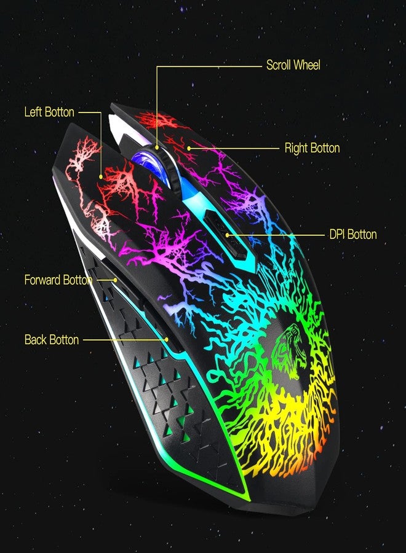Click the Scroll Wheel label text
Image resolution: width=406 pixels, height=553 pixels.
click(x=293, y=65)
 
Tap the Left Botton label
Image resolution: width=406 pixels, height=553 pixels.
click(x=49, y=112)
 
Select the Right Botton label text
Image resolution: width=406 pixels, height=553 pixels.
click(x=312, y=148)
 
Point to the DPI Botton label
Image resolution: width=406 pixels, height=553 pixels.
click(x=352, y=234)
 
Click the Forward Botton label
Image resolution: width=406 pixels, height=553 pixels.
click(x=58, y=280)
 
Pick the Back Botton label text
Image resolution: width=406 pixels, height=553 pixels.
click(x=52, y=340)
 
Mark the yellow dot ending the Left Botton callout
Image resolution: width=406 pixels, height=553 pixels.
click(x=101, y=176)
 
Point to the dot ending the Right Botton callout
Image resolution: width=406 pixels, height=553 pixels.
click(x=189, y=149)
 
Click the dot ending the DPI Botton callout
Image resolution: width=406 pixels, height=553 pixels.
click(x=228, y=235)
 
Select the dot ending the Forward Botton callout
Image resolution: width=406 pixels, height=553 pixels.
click(x=116, y=280)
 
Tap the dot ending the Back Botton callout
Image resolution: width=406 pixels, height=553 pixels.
click(x=166, y=340)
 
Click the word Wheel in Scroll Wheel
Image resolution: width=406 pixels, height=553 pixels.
click(x=307, y=65)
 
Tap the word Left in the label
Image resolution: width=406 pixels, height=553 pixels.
click(x=33, y=112)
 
